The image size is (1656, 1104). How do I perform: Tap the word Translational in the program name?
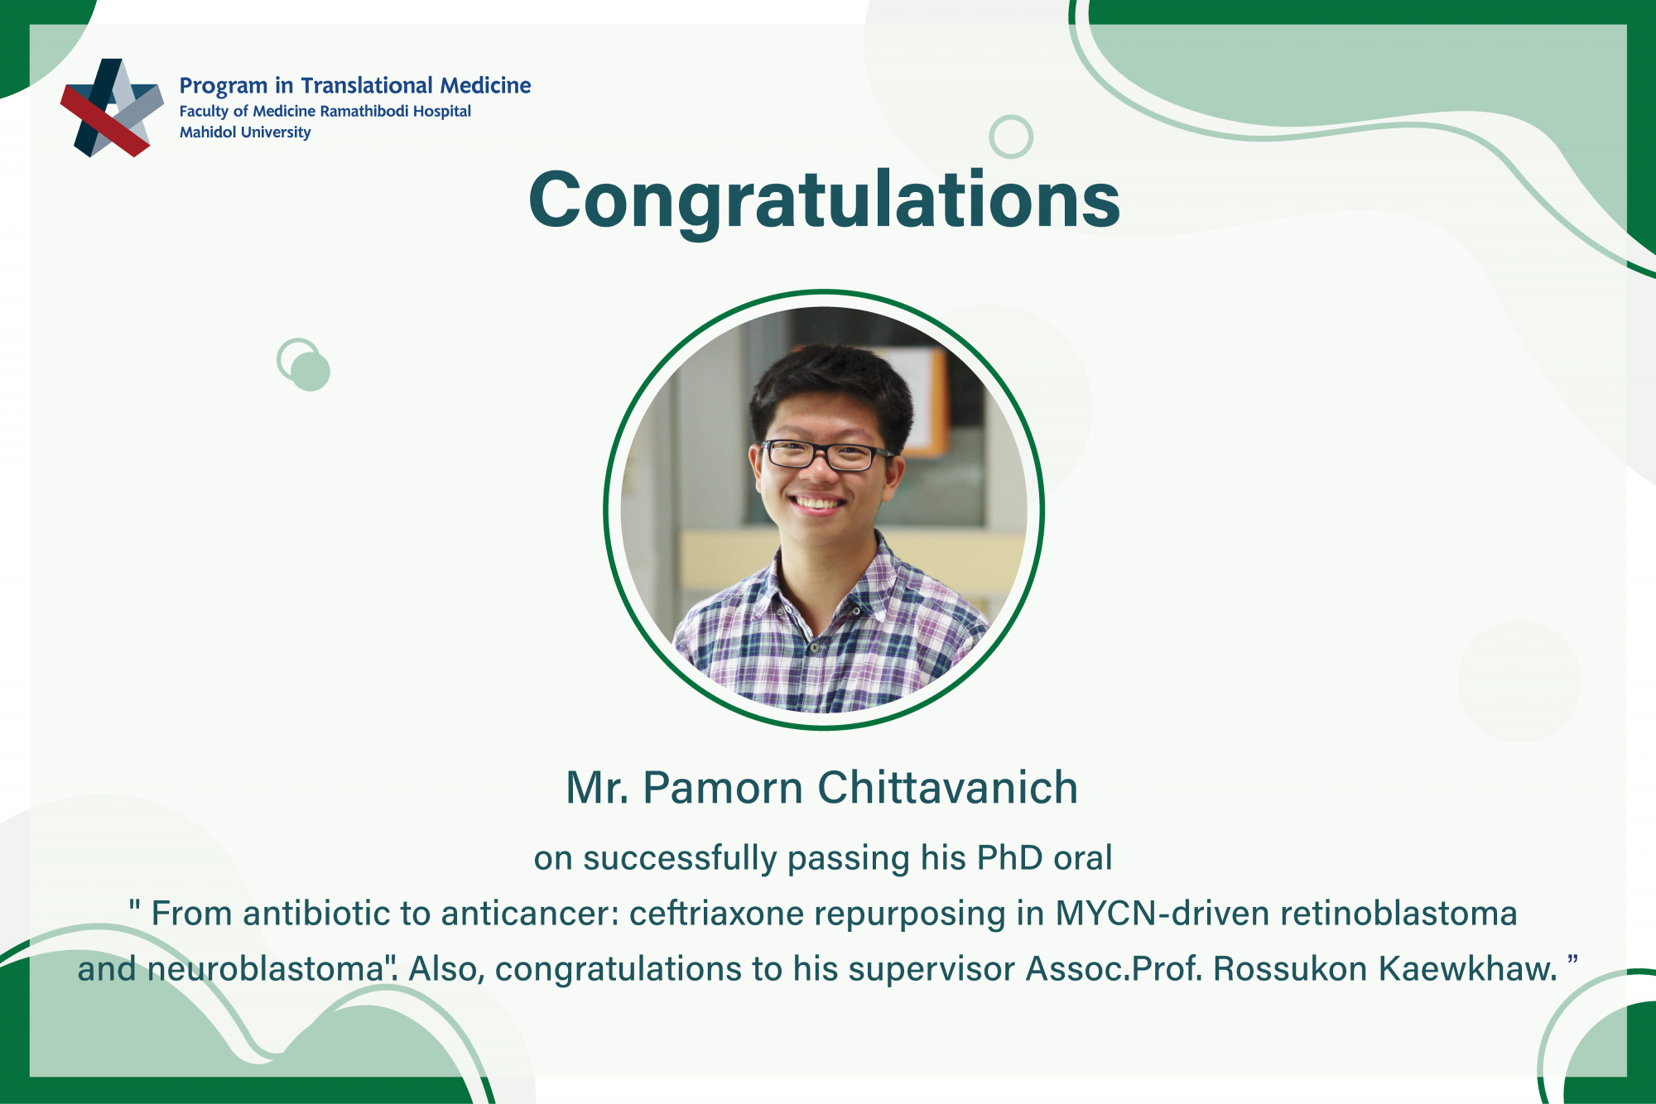coord(367,85)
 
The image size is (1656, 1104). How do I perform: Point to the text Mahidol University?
coord(245,132)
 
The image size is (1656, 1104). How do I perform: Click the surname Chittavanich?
coord(948,787)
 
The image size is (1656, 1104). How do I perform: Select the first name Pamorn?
coord(723,787)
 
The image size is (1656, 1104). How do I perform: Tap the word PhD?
coord(1009,858)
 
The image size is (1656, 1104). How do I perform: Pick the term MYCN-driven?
coord(1163,914)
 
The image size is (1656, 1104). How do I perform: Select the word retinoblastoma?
coord(1398,914)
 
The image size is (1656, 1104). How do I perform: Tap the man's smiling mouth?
coord(816,503)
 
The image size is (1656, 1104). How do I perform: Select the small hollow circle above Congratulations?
coord(1011,137)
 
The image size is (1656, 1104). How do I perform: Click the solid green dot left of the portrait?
coord(310,372)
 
